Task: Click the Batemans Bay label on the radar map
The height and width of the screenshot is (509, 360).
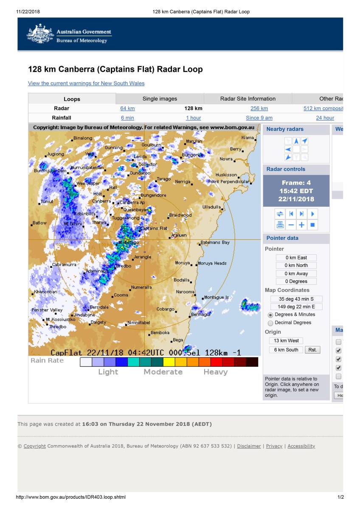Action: tap(215, 242)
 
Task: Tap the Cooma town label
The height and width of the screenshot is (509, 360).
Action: tap(121, 295)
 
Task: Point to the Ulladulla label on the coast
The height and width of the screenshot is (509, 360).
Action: tap(211, 207)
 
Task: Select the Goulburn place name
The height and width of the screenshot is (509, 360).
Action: tap(152, 145)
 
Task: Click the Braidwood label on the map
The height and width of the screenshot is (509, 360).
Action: tap(180, 215)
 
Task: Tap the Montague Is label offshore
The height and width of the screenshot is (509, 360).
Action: tap(217, 297)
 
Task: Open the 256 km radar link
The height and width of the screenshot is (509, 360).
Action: tap(259, 108)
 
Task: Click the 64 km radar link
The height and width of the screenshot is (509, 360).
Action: tap(127, 108)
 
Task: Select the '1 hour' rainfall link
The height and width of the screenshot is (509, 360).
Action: tap(193, 118)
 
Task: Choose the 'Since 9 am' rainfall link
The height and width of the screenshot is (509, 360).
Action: tap(259, 118)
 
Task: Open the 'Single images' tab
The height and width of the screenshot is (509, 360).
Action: tap(160, 98)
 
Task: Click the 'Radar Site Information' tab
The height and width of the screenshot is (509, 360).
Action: tap(248, 98)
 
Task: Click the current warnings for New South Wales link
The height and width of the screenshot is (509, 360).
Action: tap(86, 83)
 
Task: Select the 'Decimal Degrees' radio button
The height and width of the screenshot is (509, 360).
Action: tap(271, 323)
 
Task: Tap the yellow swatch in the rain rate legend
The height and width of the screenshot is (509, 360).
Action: tap(169, 362)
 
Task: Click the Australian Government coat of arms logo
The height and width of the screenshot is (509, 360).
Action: tap(41, 34)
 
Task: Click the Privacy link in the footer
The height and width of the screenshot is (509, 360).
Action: tap(274, 446)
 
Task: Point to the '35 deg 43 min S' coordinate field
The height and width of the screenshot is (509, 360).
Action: tap(296, 299)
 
